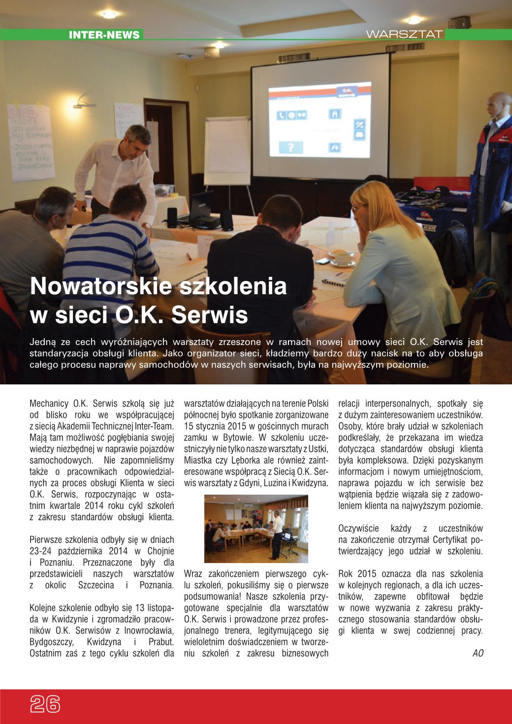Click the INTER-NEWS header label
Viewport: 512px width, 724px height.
(104, 35)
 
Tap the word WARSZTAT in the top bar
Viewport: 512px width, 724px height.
(404, 34)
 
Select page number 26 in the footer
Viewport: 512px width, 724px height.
(45, 704)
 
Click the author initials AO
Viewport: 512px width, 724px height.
(478, 653)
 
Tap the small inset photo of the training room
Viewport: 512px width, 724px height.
(256, 529)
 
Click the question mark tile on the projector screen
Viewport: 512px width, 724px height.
(291, 147)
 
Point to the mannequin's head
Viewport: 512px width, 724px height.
(498, 105)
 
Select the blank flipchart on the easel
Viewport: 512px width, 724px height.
(227, 150)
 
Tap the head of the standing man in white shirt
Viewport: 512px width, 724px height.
(137, 140)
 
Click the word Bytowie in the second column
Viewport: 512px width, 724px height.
(239, 438)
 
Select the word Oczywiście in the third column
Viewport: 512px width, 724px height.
(358, 529)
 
